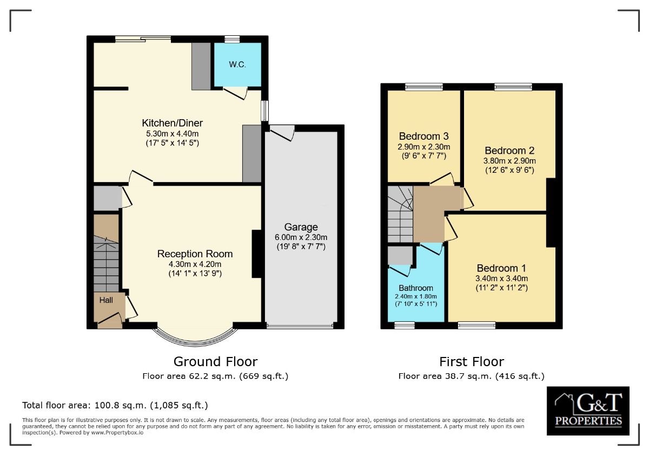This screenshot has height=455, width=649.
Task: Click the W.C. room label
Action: point(237,64)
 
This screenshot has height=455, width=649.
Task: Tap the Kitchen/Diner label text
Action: point(172,122)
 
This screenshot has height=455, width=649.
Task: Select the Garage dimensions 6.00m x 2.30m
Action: point(301,237)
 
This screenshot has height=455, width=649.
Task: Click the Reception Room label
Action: point(195,253)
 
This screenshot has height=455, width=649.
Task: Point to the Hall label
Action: point(106,300)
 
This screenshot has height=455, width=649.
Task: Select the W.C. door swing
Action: point(236,94)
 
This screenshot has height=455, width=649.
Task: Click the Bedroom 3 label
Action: point(423,136)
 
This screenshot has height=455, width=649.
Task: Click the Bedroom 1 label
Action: point(501,268)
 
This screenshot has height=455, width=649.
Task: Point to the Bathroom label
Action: point(416,288)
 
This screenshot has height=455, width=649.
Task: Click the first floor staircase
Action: point(400,213)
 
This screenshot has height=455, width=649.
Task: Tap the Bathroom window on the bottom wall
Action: point(404,325)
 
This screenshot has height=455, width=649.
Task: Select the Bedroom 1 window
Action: point(476,325)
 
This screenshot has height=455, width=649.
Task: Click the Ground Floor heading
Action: point(215,361)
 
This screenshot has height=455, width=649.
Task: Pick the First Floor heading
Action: point(471,361)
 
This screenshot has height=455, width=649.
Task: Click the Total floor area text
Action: point(115,405)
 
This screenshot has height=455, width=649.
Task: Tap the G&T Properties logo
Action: point(588,411)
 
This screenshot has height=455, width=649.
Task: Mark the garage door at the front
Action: point(300,327)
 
